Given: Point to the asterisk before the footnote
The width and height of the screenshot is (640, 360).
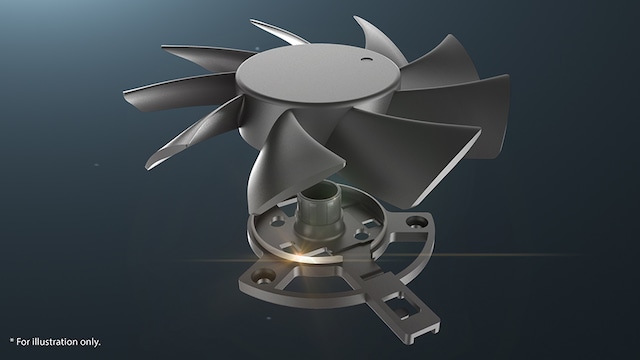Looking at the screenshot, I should click(12, 342).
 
